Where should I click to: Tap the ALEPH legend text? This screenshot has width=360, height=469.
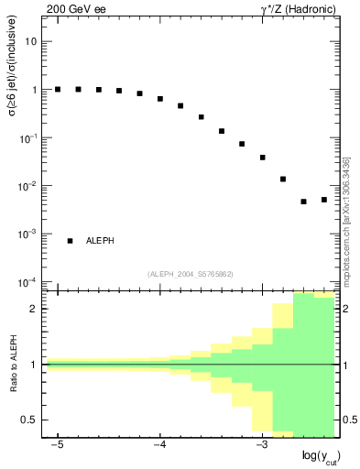(100, 241)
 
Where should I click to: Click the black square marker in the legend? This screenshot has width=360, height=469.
(70, 241)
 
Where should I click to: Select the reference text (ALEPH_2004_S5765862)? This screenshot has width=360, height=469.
(190, 274)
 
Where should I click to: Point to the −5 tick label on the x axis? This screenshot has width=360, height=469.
(56, 445)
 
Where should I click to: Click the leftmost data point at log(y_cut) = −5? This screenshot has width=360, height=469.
(58, 90)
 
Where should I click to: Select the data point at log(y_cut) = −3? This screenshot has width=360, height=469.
(262, 158)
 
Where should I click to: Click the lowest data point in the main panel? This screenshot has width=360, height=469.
(303, 202)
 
